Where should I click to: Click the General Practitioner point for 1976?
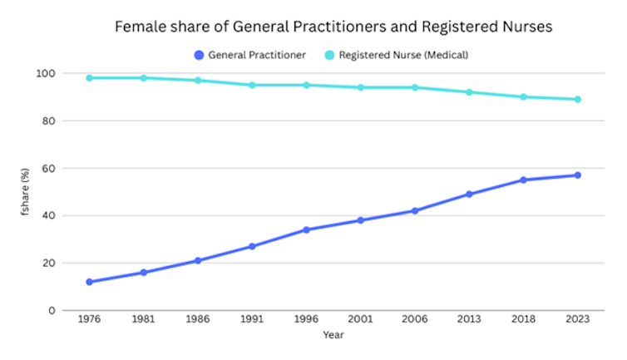coord(89,282)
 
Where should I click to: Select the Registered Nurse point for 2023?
coord(577,99)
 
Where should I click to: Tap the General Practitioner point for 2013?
coord(469,194)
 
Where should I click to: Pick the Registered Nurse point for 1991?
coord(252,85)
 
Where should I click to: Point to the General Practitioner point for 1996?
coord(306,229)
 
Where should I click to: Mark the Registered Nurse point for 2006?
coord(415,87)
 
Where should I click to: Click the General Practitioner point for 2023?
coord(577,175)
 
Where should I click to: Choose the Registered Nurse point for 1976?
coord(89,78)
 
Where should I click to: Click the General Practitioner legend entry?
coord(249,55)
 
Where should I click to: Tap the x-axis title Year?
coord(333,335)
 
